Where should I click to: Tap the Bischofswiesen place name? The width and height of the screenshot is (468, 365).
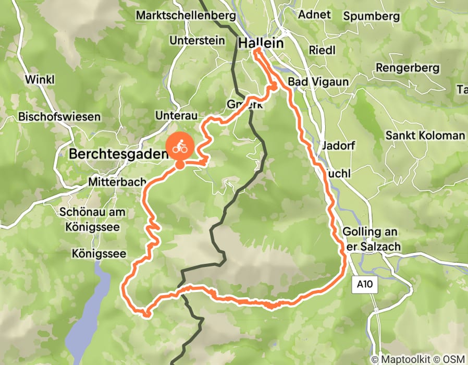tap(59, 117)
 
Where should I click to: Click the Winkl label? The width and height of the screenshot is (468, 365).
tap(39, 80)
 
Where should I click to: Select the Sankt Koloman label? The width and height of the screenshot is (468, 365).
tap(425, 136)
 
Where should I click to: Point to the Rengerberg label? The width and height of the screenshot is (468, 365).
tap(408, 68)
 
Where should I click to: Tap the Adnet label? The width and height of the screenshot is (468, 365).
tap(314, 14)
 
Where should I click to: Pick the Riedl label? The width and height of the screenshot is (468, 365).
tap(322, 50)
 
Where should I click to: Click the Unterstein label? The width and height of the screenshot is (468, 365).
tap(197, 41)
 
